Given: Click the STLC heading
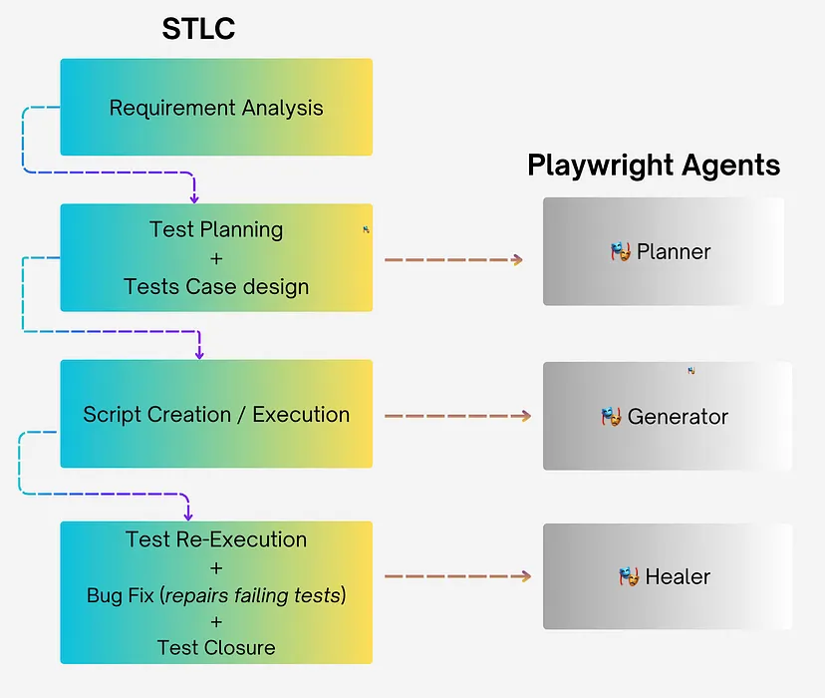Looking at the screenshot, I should click(x=198, y=28).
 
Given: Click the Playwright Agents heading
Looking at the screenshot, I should click(x=654, y=166).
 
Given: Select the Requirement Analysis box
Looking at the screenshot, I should click(x=216, y=108).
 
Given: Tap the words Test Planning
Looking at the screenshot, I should click(x=216, y=229).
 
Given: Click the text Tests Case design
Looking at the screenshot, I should click(x=216, y=287).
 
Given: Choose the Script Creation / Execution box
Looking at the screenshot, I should click(x=216, y=415).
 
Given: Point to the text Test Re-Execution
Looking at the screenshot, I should click(x=216, y=539).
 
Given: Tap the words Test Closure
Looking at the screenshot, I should click(x=216, y=648).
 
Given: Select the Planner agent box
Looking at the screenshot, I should click(x=664, y=251).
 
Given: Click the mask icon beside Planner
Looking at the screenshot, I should click(x=621, y=251).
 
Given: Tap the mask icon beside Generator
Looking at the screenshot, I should click(x=611, y=416).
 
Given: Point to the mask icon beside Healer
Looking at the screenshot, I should click(x=628, y=576).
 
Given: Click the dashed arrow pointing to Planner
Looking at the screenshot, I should click(x=453, y=260).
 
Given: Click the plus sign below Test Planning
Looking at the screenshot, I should click(x=216, y=258).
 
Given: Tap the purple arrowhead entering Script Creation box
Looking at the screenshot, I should click(x=199, y=353).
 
